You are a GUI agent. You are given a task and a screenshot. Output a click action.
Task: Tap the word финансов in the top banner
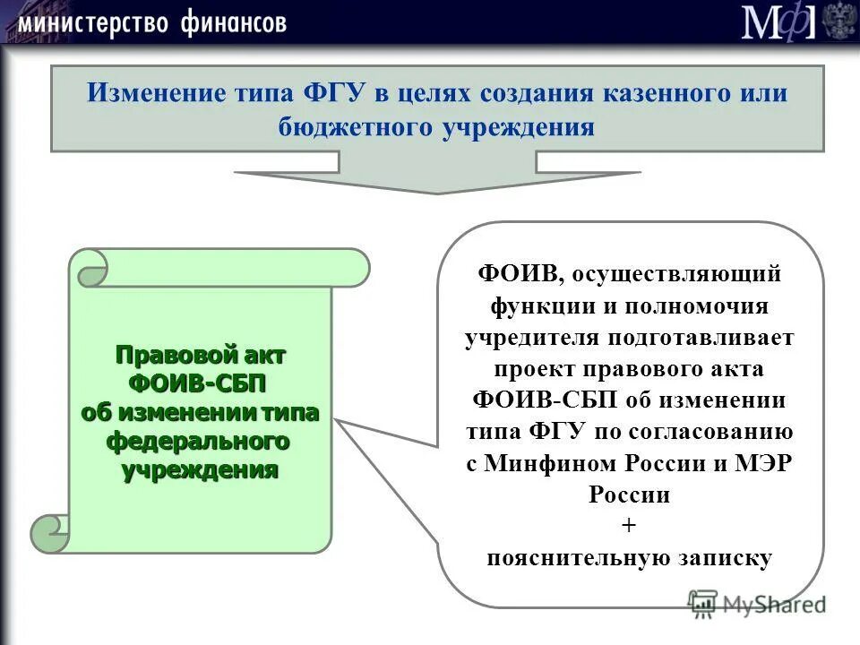[233, 22]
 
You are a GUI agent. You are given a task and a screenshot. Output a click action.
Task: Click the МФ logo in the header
[778, 22]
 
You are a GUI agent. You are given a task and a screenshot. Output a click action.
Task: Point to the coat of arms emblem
[839, 21]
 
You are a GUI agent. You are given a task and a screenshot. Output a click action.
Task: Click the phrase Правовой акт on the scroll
[201, 355]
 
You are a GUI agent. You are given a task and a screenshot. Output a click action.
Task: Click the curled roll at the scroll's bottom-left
[49, 534]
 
